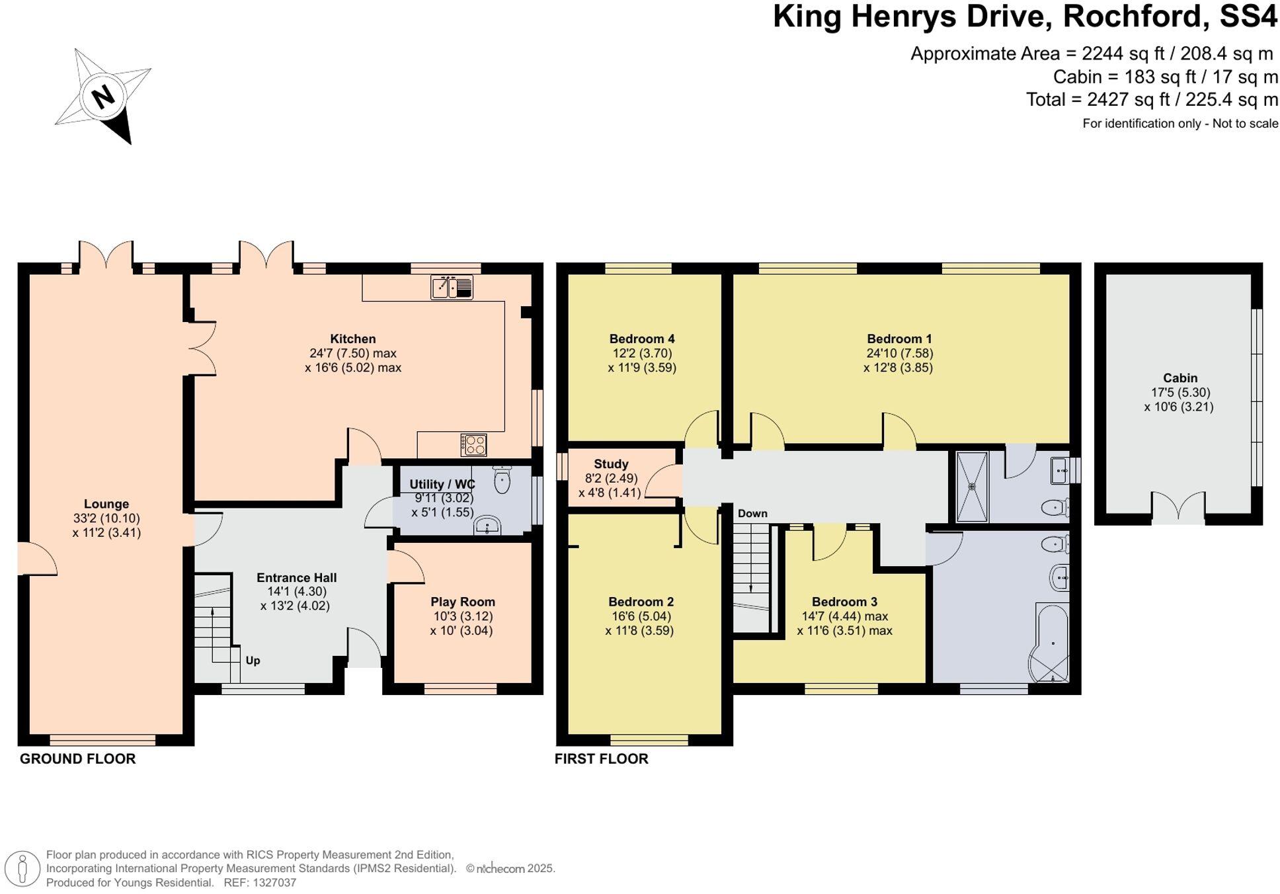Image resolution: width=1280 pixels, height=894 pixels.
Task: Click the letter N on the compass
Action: point(103,97)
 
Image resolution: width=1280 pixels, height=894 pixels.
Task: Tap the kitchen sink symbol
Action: point(452,288)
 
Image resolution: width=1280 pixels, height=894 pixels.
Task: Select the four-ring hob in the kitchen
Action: point(473,444)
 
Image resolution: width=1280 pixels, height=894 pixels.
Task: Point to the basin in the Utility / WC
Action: point(488,526)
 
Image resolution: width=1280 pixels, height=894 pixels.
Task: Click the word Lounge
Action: point(106,504)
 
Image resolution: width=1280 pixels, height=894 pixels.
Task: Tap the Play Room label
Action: point(462,602)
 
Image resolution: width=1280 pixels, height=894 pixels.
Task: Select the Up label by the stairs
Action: point(253,660)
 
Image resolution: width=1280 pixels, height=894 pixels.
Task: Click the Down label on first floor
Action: point(752,513)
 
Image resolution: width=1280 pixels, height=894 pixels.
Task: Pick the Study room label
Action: point(611,464)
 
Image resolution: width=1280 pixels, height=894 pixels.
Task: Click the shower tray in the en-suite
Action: point(972,486)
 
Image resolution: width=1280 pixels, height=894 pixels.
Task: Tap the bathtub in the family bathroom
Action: point(1051,641)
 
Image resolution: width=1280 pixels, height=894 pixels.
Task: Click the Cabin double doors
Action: point(1178,508)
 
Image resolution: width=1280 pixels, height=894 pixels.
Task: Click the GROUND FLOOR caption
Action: point(78,758)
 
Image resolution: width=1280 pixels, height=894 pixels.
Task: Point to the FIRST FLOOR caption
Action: point(601,758)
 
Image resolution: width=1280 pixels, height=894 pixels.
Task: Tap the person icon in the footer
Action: point(22,868)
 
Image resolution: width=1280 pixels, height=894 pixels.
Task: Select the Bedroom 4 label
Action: point(641,339)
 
